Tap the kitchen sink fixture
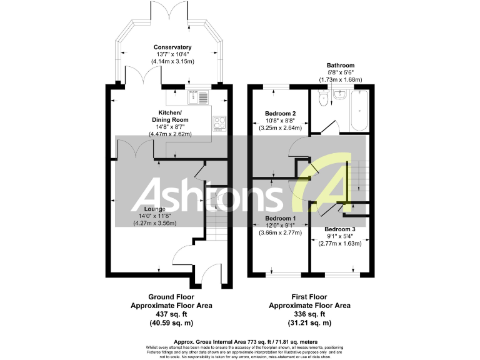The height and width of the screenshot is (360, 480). [x=199, y=97]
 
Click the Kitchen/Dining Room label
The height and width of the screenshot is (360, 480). [x=170, y=116]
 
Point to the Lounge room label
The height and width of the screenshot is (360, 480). [x=154, y=209]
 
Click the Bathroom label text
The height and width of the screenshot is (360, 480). [x=341, y=65]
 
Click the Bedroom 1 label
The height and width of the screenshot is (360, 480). [x=279, y=219]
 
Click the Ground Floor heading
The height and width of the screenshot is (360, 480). [x=171, y=297]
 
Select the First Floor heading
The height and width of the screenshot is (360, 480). [x=309, y=297]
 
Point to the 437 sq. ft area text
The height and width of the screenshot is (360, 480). [x=171, y=314]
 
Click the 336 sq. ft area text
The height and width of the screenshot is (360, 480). [x=309, y=314]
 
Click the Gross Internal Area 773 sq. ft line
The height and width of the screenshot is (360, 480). [x=239, y=342]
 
